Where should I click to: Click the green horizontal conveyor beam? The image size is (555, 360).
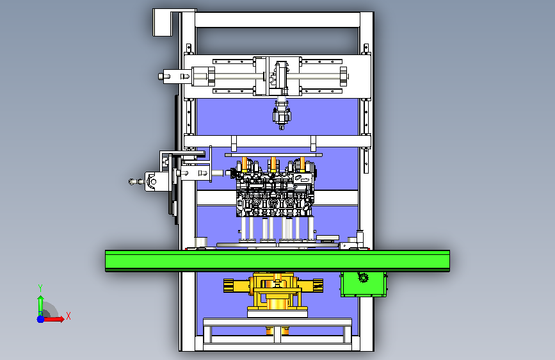pos(278,261)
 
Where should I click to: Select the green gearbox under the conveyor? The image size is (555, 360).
pos(364,284)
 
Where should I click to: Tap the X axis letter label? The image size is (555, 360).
pos(68,316)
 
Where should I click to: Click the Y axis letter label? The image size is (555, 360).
pos(40,288)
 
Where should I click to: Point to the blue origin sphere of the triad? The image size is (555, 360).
pos(41,319)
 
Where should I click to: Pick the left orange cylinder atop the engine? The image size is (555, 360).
pos(245,164)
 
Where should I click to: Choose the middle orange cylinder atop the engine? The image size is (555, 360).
pos(273,164)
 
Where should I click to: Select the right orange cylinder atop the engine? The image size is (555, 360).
pos(302,164)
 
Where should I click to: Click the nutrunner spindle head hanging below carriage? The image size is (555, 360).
pos(282,114)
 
